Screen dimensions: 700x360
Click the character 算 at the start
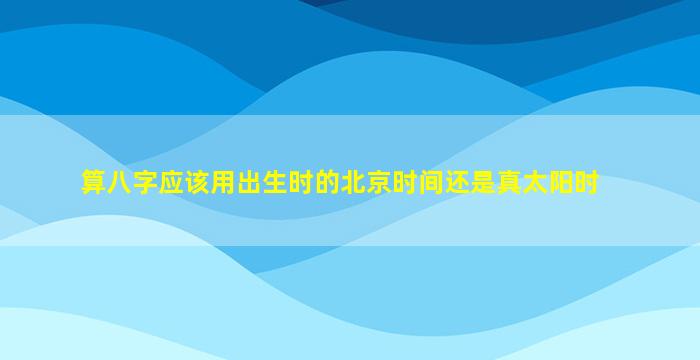pos(93,182)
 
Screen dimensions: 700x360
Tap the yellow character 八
pos(119,182)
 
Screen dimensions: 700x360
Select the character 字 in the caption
pos(145,182)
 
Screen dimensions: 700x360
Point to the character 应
pos(171,182)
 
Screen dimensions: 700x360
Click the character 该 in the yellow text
pos(197,182)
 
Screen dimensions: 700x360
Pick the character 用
pos(223,182)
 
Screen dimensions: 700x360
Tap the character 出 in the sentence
pos(249,182)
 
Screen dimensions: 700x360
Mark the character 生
pos(275,182)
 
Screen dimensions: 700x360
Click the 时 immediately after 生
pos(300,182)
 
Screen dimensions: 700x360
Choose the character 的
pos(326,182)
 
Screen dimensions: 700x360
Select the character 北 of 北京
pos(352,182)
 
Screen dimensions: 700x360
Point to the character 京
pos(378,182)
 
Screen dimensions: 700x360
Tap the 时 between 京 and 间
pos(404,182)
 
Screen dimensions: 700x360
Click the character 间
pos(430,182)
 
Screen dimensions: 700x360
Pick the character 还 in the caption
pos(456,182)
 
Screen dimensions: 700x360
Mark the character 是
pos(482,182)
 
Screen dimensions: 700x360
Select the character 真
pos(508,182)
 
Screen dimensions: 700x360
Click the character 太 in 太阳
pos(533,182)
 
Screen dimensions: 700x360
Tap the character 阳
pos(559,182)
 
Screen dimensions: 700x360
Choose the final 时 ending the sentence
pos(585,182)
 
